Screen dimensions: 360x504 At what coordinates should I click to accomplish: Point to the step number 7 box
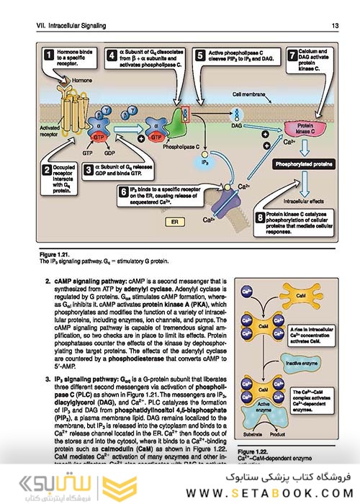tap(292, 54)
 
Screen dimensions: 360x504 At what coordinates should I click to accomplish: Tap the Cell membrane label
tap(248, 94)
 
